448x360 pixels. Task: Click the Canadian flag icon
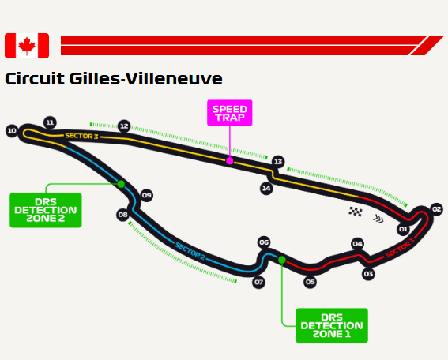click(x=27, y=46)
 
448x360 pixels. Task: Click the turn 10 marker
click(x=12, y=131)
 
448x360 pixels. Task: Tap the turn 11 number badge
click(x=50, y=122)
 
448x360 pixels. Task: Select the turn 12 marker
click(x=124, y=126)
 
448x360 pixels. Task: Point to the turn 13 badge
click(x=278, y=162)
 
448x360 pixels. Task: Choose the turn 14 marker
click(x=266, y=189)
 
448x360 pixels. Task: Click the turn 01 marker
click(x=403, y=229)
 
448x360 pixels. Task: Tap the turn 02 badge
click(x=436, y=209)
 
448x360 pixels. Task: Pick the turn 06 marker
click(x=264, y=242)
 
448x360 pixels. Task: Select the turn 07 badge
click(x=258, y=283)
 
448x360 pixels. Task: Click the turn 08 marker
click(x=122, y=215)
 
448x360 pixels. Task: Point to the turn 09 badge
click(x=147, y=196)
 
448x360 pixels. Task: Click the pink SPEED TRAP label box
click(x=230, y=113)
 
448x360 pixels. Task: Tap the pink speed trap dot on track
click(x=230, y=161)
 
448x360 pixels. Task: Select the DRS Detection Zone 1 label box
click(x=332, y=326)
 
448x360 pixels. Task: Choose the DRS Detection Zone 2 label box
click(x=46, y=210)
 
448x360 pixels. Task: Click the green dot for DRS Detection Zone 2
click(x=121, y=184)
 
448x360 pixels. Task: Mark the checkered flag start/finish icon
click(x=356, y=212)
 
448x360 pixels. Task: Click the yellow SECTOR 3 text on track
click(x=81, y=136)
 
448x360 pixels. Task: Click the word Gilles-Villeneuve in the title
click(x=145, y=78)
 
